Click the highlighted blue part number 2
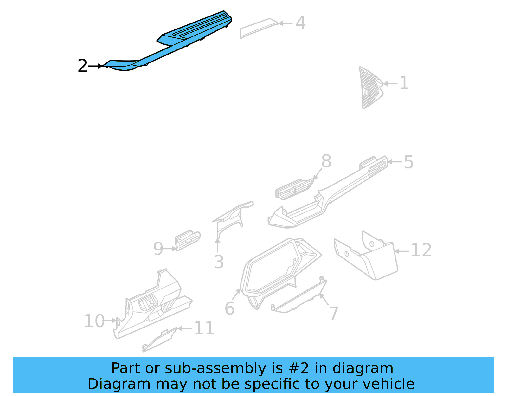[177, 41]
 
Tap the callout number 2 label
[82, 66]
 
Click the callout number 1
[404, 83]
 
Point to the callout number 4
[300, 23]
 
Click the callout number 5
[408, 162]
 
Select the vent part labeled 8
[293, 189]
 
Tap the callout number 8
[326, 161]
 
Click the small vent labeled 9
[188, 240]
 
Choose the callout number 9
[158, 249]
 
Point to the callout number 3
[219, 262]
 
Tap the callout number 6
[229, 308]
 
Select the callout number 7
[334, 313]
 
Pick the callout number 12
[421, 250]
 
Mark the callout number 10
[94, 321]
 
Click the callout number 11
[204, 328]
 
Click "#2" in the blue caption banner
[299, 368]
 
